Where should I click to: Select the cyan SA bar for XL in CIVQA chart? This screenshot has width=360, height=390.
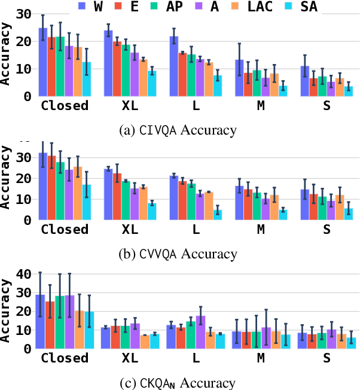(x=152, y=84)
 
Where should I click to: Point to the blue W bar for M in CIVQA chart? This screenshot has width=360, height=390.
(x=239, y=78)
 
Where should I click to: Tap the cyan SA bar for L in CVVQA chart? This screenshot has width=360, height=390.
(x=217, y=215)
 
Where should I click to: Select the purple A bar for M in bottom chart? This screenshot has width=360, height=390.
(x=266, y=337)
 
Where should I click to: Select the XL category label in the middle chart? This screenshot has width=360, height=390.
(x=130, y=230)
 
